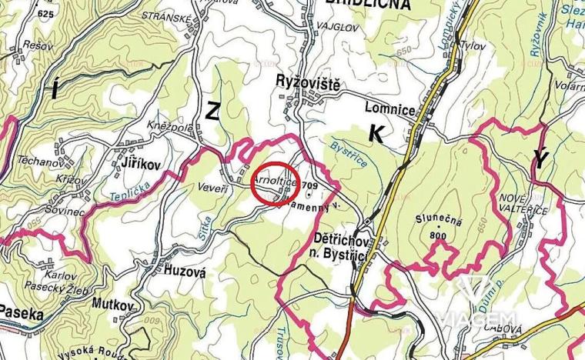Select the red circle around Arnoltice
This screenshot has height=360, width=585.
tap(270, 185)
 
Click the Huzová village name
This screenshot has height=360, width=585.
tap(182, 270)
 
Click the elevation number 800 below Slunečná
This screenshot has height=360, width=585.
tap(439, 235)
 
